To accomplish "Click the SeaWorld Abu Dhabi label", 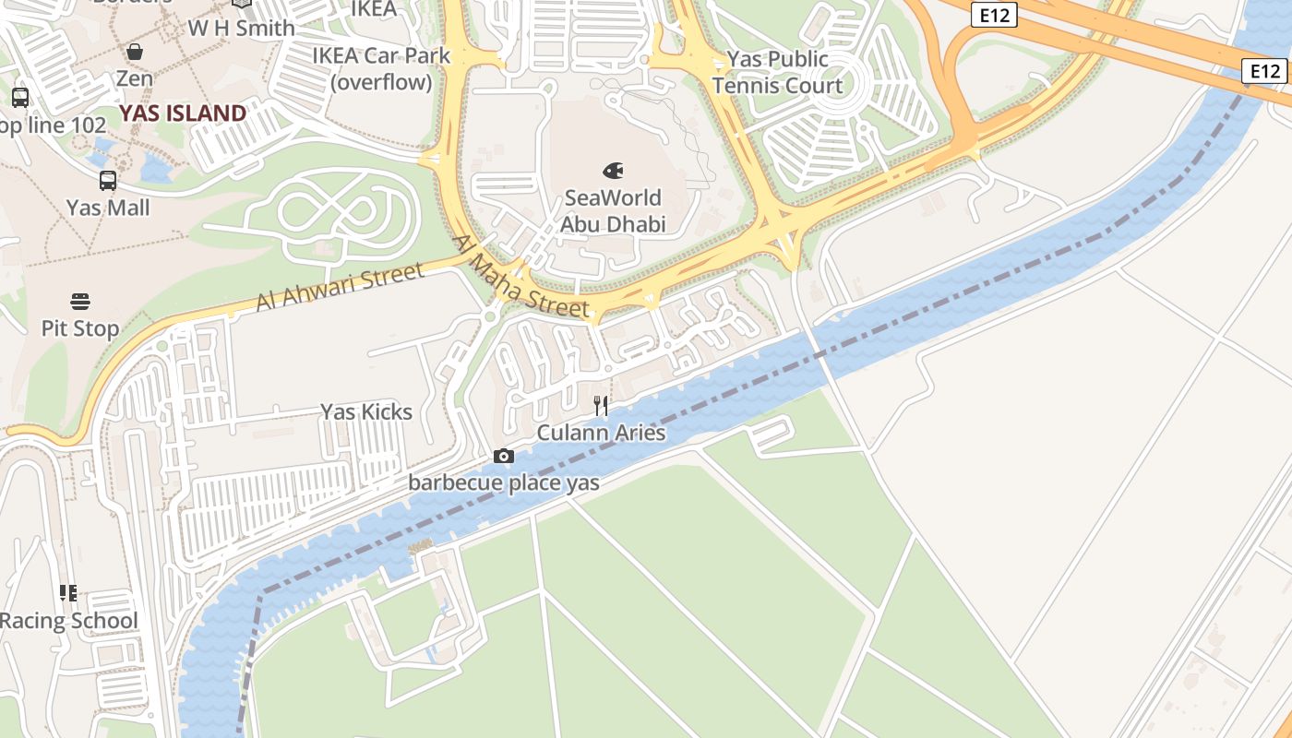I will tap(613, 211).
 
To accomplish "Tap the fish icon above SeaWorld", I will tap(613, 171).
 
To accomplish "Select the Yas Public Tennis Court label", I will tap(777, 73).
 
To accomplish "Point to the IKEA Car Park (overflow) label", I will tap(381, 69).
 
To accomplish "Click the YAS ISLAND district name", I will tap(183, 113).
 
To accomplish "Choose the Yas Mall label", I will tap(108, 208).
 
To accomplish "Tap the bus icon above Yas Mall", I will tap(108, 181).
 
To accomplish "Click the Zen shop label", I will tap(135, 78).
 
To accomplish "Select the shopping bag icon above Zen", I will tap(135, 52).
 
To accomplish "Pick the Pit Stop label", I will tap(80, 328).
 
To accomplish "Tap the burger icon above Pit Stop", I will tap(80, 302).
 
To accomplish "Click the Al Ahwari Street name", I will tap(340, 287).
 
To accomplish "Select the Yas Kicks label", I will tap(366, 411).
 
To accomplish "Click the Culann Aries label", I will tap(601, 433).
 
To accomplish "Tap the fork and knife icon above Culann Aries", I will tap(601, 405).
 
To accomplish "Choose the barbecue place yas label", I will tap(504, 482).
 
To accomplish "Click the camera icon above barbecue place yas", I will tap(504, 456).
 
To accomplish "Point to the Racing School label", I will tap(69, 621).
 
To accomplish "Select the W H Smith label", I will tap(242, 29).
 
